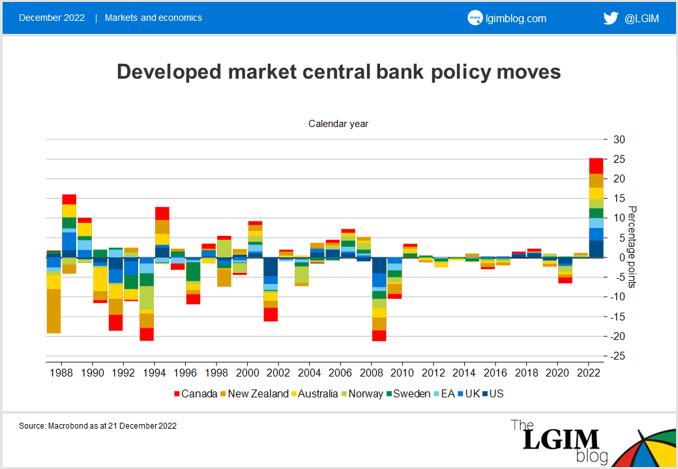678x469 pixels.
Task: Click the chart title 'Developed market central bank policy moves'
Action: (x=338, y=72)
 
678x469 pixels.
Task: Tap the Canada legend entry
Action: (x=195, y=393)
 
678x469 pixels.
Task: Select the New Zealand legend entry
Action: (x=254, y=393)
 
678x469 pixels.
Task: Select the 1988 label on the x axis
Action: (x=61, y=373)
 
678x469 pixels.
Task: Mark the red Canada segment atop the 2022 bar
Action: (x=596, y=165)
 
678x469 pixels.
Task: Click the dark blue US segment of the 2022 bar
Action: (x=596, y=249)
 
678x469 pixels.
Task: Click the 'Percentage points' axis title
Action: (x=632, y=248)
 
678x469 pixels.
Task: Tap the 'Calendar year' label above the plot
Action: (x=338, y=123)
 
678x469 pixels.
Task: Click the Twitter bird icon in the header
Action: (x=610, y=18)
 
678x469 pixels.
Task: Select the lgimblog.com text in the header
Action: (x=516, y=18)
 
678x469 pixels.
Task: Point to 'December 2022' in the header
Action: (x=52, y=18)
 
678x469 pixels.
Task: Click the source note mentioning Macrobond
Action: (x=98, y=426)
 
